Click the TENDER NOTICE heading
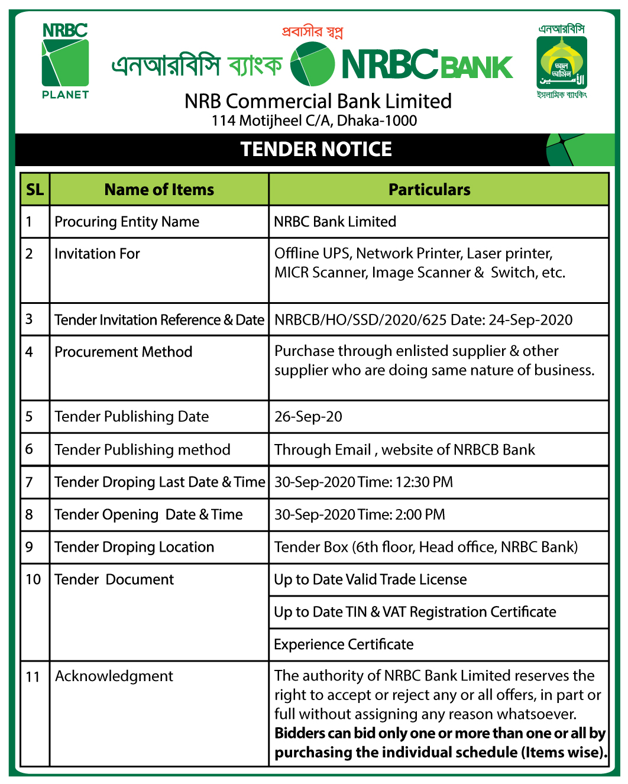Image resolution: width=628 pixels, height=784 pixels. pyautogui.click(x=316, y=149)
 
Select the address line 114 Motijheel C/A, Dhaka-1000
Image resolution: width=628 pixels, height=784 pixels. pyautogui.click(x=314, y=121)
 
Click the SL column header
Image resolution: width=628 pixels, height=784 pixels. pyautogui.click(x=35, y=190)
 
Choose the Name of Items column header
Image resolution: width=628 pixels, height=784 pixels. pyautogui.click(x=159, y=190)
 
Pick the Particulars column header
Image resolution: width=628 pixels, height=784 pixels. pyautogui.click(x=429, y=190)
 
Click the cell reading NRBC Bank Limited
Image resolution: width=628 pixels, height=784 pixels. pyautogui.click(x=335, y=222)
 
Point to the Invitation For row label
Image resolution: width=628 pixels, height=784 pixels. pyautogui.click(x=97, y=254)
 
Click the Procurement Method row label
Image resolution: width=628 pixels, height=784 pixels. pyautogui.click(x=123, y=352)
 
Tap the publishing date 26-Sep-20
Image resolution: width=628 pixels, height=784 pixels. pyautogui.click(x=308, y=417)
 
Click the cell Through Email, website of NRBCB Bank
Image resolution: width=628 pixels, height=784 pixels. pyautogui.click(x=404, y=450)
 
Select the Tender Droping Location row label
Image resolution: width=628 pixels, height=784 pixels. pyautogui.click(x=134, y=547)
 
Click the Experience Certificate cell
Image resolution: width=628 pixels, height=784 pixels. pyautogui.click(x=344, y=644)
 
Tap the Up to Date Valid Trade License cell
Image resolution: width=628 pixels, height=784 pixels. pyautogui.click(x=370, y=579)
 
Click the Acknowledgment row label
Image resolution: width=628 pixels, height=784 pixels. pyautogui.click(x=114, y=676)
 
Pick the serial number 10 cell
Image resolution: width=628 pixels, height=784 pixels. pyautogui.click(x=33, y=579)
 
